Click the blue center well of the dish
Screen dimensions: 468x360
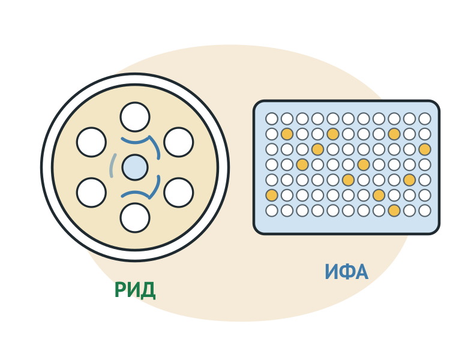point(135,167)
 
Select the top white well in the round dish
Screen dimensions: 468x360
point(135,117)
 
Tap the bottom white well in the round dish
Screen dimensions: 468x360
point(135,218)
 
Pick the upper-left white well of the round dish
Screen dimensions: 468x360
point(91,142)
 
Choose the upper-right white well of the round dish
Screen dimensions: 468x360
point(178,142)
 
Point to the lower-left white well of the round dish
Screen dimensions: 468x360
point(91,193)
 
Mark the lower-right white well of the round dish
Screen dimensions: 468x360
point(178,193)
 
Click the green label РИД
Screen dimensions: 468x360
point(135,290)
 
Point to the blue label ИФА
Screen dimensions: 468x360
point(346,272)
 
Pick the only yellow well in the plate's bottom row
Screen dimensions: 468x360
point(394,211)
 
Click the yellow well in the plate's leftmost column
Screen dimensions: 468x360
point(272,195)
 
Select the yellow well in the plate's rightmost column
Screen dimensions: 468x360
point(425,149)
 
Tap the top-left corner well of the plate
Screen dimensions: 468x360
point(272,119)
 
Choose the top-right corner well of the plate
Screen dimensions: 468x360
point(425,119)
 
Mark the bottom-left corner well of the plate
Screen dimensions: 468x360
point(272,211)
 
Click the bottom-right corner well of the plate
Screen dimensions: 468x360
point(425,211)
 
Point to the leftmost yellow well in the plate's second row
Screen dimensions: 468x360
point(287,134)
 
